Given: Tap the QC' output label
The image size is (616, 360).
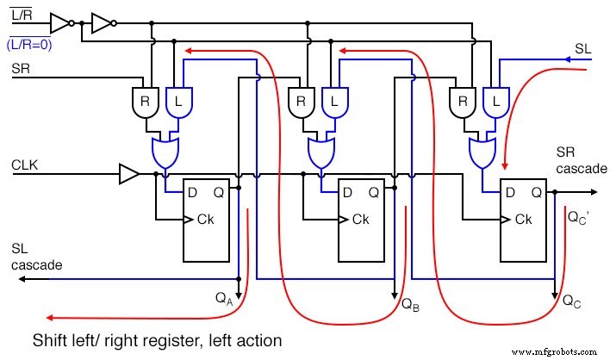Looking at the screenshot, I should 578,218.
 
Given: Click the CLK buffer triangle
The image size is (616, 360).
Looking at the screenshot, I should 128,175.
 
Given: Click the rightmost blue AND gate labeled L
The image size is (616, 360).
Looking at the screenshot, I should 495,102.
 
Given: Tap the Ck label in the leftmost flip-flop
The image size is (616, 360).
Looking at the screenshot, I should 205,220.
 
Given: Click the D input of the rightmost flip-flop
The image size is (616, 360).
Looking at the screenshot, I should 511,193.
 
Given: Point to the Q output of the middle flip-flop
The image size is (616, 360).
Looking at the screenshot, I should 374,193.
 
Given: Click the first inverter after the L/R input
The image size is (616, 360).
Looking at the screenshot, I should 59,22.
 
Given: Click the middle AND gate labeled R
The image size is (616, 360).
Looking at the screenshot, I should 301,102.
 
